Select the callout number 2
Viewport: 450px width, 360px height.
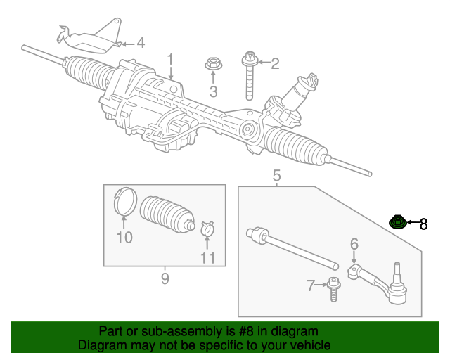tap(275, 64)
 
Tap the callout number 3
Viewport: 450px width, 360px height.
tap(213, 91)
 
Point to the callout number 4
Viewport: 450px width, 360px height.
tap(141, 43)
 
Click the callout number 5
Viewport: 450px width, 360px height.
tap(276, 175)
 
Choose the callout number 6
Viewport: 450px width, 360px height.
tap(354, 243)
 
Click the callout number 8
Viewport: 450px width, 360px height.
tap(423, 224)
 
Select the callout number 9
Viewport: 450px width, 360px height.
tap(165, 278)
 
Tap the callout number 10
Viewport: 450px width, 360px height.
tap(124, 238)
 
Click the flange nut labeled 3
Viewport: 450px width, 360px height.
tap(213, 65)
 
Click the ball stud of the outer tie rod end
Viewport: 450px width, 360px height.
tap(397, 271)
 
